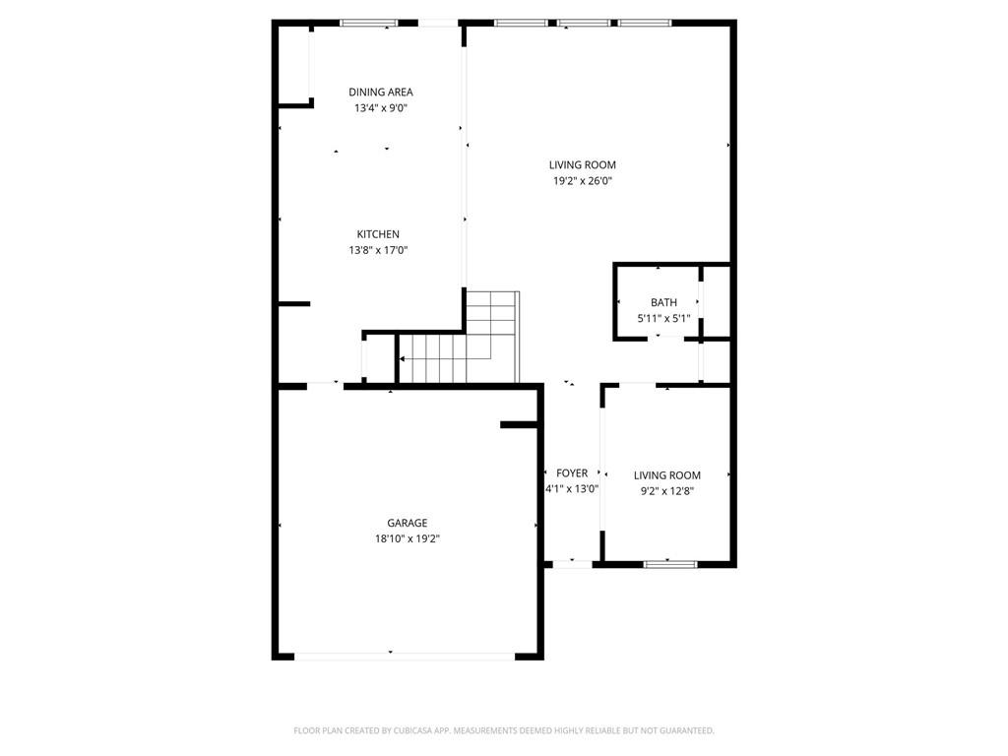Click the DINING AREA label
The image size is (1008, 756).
(380, 93)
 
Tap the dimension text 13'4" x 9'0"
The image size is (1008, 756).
(380, 108)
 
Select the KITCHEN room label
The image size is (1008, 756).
(378, 234)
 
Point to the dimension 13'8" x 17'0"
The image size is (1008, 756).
(378, 250)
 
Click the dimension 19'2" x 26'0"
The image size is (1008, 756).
(583, 181)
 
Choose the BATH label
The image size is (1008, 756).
(663, 302)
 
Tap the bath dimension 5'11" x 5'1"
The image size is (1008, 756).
(664, 318)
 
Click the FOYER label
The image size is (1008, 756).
(572, 473)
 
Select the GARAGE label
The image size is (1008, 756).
(407, 524)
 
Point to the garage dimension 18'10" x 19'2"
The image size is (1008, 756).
(407, 539)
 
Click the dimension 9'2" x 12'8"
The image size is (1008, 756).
(666, 491)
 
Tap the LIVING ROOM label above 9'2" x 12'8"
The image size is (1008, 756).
(666, 475)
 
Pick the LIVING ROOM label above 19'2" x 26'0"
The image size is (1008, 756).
(583, 165)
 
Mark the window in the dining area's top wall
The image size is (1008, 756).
(369, 23)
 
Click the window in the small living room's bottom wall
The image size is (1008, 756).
(669, 564)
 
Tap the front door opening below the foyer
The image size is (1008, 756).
(572, 564)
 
